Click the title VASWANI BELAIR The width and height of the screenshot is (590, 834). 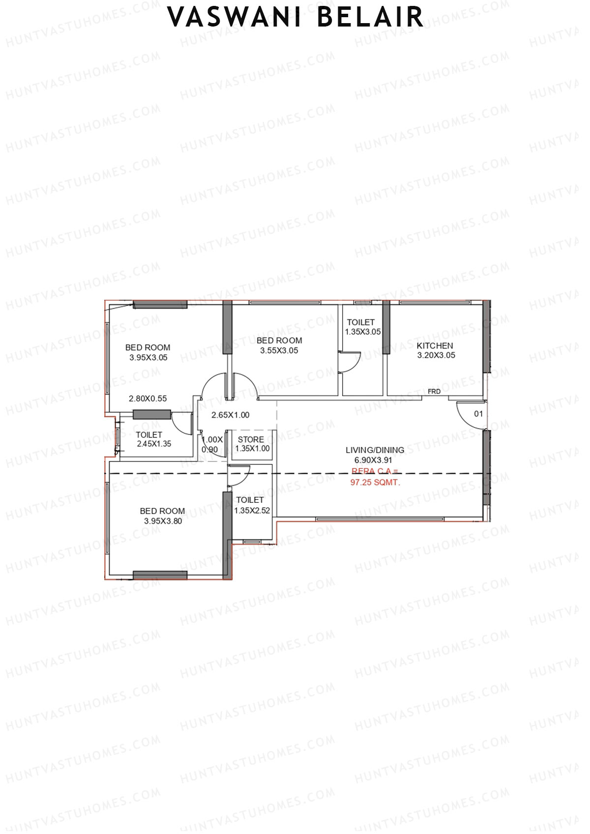pyautogui.click(x=295, y=17)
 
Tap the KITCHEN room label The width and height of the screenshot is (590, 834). pyautogui.click(x=435, y=345)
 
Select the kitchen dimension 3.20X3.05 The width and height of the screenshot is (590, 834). pyautogui.click(x=436, y=355)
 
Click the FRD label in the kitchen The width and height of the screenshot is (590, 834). pyautogui.click(x=434, y=392)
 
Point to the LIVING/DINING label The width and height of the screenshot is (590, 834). pyautogui.click(x=375, y=450)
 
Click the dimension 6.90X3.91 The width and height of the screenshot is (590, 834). pyautogui.click(x=374, y=460)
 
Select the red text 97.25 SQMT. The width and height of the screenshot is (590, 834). pyautogui.click(x=375, y=483)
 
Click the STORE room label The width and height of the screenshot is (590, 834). pyautogui.click(x=251, y=439)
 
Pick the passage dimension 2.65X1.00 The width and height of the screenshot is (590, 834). pyautogui.click(x=230, y=415)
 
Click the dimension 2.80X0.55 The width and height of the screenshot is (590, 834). pyautogui.click(x=147, y=399)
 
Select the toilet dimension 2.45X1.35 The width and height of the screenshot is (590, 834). pyautogui.click(x=154, y=444)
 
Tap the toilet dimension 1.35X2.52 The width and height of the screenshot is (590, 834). pyautogui.click(x=252, y=511)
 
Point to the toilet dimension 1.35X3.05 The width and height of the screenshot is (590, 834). pyautogui.click(x=363, y=332)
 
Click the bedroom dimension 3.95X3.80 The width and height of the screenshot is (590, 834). pyautogui.click(x=163, y=521)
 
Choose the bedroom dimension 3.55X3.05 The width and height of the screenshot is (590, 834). pyautogui.click(x=279, y=350)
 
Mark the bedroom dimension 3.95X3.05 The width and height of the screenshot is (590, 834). pyautogui.click(x=148, y=358)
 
